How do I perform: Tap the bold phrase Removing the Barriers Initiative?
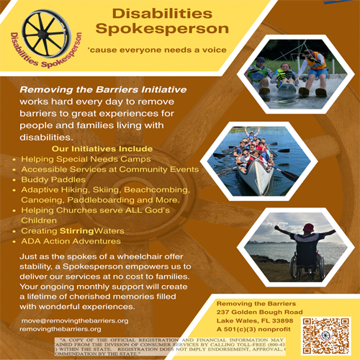point(102,89)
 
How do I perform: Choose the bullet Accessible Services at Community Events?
point(99,168)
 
